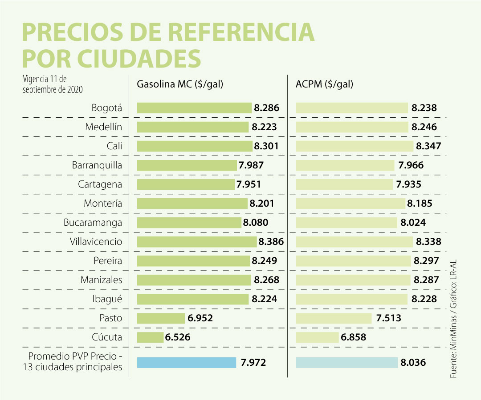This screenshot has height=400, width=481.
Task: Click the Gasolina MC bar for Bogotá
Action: [x=194, y=108]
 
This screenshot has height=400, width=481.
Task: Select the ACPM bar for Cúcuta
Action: [x=317, y=337]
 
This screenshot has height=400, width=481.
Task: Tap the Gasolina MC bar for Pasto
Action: [x=161, y=318]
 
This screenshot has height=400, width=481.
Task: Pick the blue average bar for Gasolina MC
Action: [x=187, y=363]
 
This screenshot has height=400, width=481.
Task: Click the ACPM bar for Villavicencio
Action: [x=355, y=242]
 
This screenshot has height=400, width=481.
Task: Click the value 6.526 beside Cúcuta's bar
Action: [x=178, y=337]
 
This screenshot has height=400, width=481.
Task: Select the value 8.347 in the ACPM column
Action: [x=428, y=146]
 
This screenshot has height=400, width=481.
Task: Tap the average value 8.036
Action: [x=413, y=363]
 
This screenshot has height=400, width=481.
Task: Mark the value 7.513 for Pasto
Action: [x=388, y=318]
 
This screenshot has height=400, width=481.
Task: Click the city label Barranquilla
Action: [x=97, y=165]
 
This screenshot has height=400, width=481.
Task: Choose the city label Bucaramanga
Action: [x=93, y=223]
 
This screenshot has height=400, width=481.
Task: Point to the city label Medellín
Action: [x=103, y=127]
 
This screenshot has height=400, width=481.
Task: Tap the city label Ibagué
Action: [x=106, y=299]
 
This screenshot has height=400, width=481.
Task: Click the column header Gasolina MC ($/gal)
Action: [x=180, y=84]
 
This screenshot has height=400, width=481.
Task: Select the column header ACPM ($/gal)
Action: [x=324, y=84]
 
